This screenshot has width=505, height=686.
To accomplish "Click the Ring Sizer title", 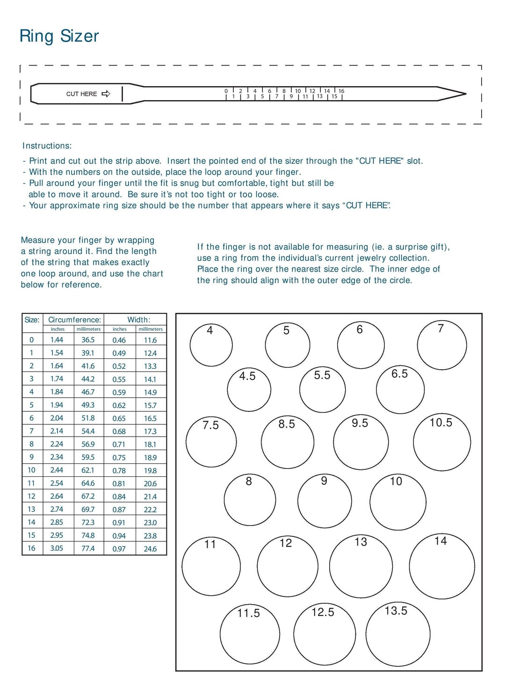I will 59,36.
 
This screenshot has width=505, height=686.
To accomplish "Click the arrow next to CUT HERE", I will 106,94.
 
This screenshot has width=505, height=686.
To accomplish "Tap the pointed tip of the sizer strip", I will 465,94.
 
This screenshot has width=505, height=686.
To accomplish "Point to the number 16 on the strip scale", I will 341,91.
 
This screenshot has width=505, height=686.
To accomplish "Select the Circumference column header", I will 74,320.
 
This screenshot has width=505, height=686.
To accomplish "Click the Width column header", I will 139,320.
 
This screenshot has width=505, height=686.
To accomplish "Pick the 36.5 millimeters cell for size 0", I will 88,340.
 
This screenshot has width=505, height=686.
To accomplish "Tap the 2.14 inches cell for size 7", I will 57,431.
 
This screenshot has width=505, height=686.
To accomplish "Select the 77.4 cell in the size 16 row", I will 88,548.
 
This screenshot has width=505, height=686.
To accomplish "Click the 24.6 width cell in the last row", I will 150,548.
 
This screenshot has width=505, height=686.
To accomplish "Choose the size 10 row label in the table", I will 31,470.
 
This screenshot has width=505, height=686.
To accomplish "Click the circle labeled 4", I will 211,345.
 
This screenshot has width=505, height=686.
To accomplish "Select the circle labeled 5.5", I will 322,390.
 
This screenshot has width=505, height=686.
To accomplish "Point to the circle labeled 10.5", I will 442,442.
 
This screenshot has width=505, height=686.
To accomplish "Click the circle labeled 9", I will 325,501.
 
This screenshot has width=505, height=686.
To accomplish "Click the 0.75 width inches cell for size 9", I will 119,458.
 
